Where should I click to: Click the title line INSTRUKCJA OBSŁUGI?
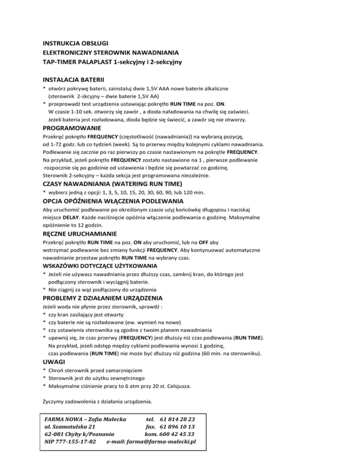[x=71, y=44]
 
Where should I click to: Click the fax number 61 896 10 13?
[x=177, y=426]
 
